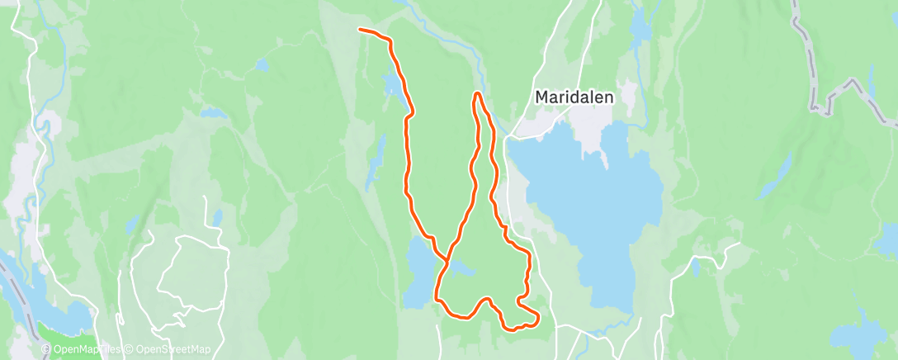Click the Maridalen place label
pos(574,97)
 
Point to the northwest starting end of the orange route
pos(361,31)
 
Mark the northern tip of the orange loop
pos(477,94)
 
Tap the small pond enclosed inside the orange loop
pos(461,269)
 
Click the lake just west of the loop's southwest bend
pos(420,272)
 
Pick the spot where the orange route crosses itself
pos(447,260)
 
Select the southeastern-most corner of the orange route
pos(537,317)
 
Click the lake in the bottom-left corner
pos(62,318)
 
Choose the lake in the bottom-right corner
pos(858,334)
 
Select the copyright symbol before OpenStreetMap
pos(130,350)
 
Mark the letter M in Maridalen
pos(542,97)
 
